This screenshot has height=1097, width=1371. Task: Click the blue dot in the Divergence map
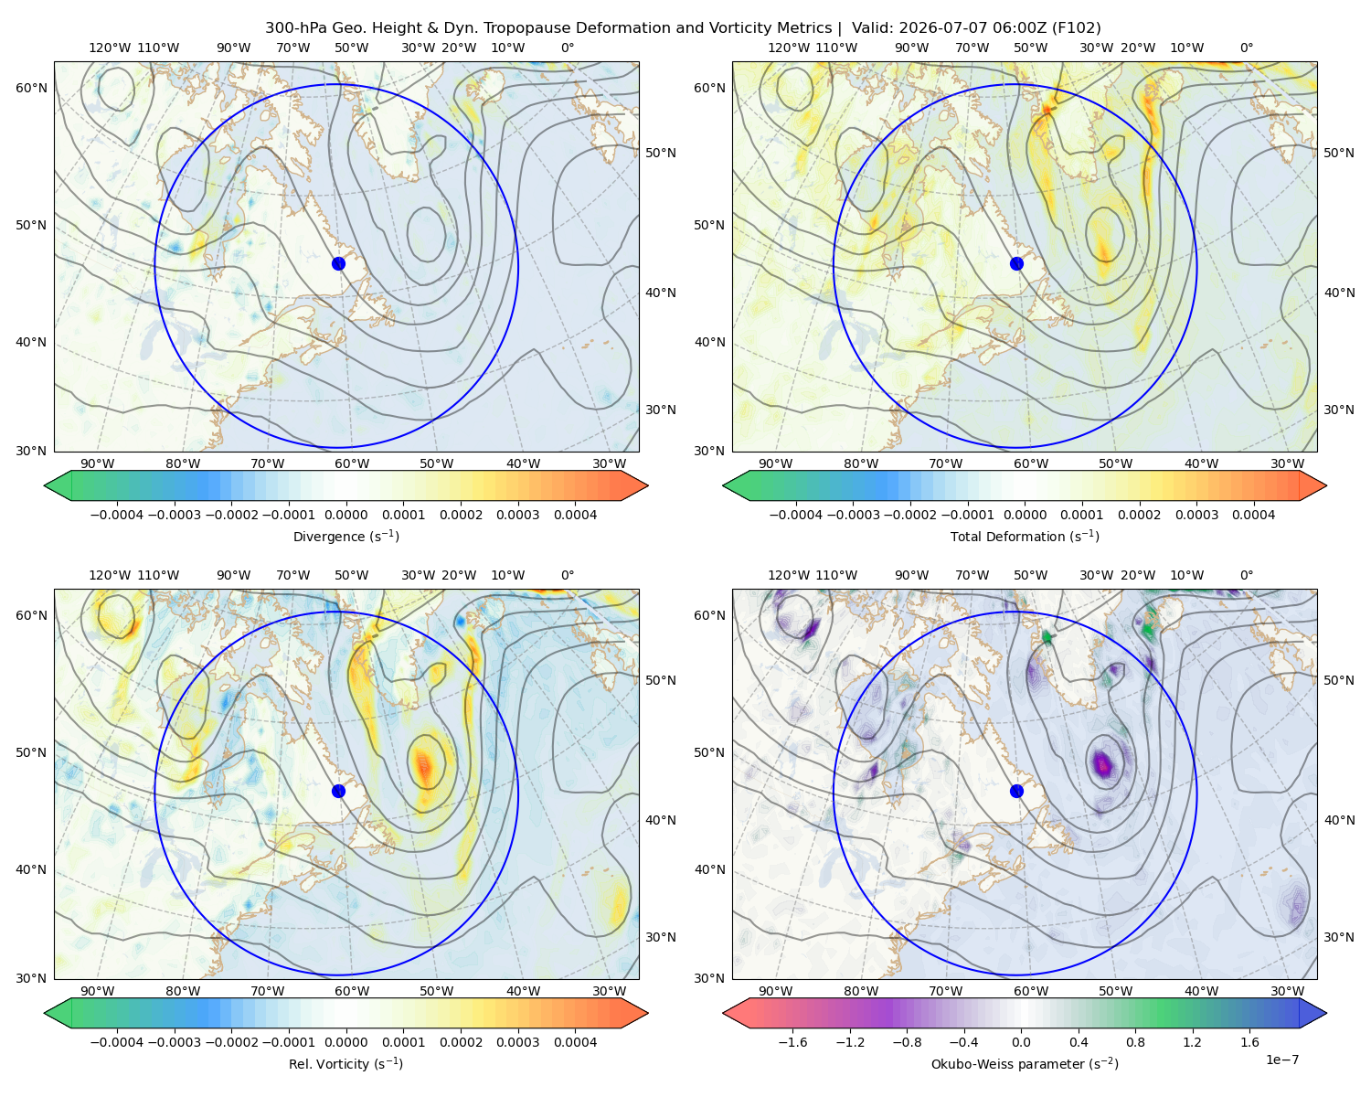pyautogui.click(x=338, y=263)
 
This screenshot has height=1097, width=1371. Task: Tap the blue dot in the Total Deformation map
pyautogui.click(x=1016, y=263)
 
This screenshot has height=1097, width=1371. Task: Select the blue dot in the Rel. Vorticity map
pyautogui.click(x=338, y=791)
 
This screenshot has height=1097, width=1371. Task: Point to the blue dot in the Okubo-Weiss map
pyautogui.click(x=1016, y=791)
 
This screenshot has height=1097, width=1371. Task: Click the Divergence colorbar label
pyautogui.click(x=345, y=536)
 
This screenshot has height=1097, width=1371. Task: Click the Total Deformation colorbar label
pyautogui.click(x=1025, y=536)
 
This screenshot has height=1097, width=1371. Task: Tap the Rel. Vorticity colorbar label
pyautogui.click(x=345, y=1063)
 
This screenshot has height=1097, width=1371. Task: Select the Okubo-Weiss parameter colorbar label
pyautogui.click(x=1025, y=1063)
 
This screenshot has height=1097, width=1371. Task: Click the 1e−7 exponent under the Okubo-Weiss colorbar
pyautogui.click(x=1281, y=1060)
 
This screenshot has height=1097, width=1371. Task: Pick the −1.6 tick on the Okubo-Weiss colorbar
pyautogui.click(x=792, y=1041)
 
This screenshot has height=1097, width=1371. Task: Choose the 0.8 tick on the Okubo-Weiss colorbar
pyautogui.click(x=1135, y=1041)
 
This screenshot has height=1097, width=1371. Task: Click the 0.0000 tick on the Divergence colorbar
pyautogui.click(x=345, y=515)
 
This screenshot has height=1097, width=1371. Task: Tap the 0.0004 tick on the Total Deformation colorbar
pyautogui.click(x=1253, y=515)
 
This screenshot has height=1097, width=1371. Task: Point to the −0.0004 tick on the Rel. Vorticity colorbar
pyautogui.click(x=117, y=1041)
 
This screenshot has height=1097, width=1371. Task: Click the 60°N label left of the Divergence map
pyautogui.click(x=31, y=88)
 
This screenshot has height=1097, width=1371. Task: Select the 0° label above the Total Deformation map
pyautogui.click(x=1246, y=48)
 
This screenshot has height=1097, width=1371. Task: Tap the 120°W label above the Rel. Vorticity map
pyautogui.click(x=110, y=574)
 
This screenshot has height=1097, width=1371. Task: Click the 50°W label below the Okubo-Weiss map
pyautogui.click(x=1115, y=991)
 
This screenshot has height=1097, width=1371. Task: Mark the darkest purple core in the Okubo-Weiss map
pyautogui.click(x=1102, y=762)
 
